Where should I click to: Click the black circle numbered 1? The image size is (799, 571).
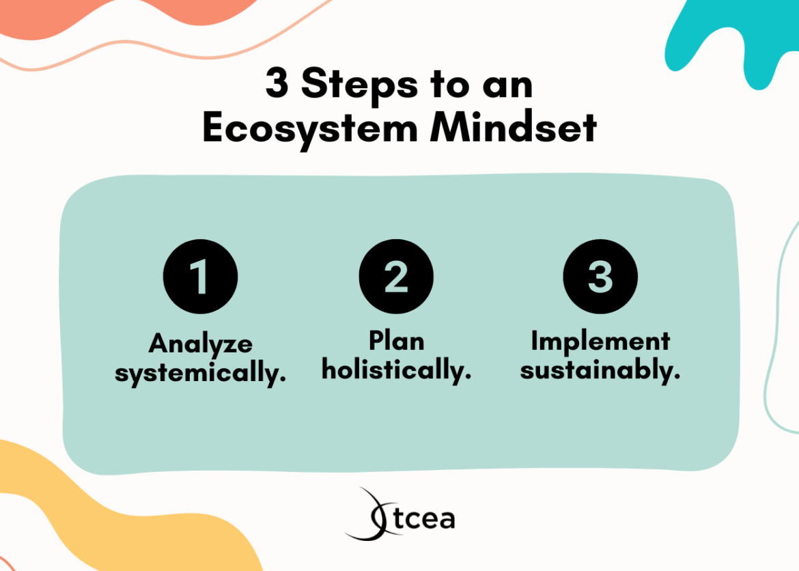click(200, 277)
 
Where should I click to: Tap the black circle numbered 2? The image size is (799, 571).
click(396, 277)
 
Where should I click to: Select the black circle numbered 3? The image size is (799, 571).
click(600, 277)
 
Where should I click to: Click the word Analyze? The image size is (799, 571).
click(200, 344)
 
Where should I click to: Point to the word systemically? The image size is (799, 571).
click(200, 373)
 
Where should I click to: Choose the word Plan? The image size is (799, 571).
click(396, 340)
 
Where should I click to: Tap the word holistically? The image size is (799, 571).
click(396, 370)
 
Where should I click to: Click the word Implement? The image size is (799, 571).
click(600, 340)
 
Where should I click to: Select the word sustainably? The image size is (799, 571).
click(600, 370)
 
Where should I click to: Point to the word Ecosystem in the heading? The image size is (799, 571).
click(310, 128)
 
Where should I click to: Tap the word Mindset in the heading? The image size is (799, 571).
click(514, 128)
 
